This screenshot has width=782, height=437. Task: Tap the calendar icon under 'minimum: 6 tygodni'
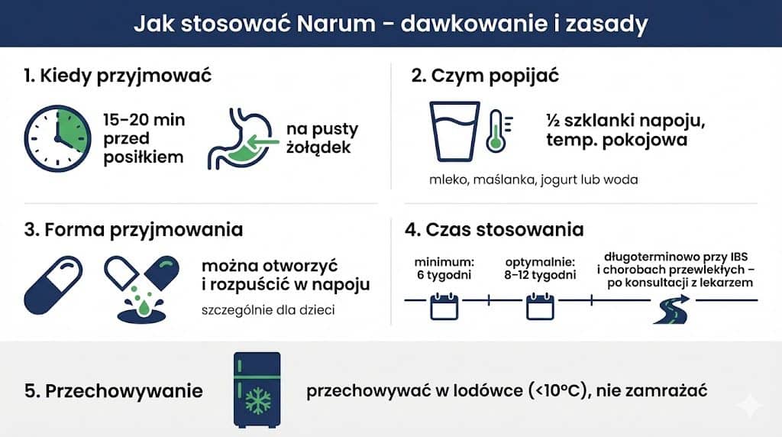pos(442,306)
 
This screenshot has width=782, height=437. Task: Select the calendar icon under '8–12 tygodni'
pos(538,306)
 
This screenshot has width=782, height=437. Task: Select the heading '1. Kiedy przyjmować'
pos(117,76)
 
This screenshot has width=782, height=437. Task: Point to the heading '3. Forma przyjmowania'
pos(133,229)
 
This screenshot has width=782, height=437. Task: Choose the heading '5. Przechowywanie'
pos(114,391)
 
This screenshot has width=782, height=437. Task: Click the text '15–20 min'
pos(144,120)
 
